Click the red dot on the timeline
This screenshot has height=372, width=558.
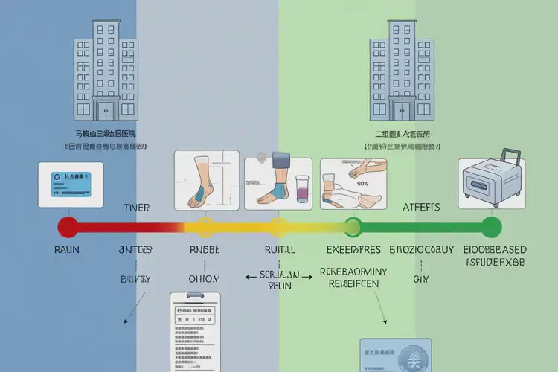[x=68, y=226]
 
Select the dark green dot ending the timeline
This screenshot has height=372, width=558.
[x=492, y=226]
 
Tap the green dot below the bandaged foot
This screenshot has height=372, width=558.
[x=353, y=226]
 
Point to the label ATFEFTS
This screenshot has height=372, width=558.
[x=420, y=208]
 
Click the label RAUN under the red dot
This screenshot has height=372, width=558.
[x=68, y=250]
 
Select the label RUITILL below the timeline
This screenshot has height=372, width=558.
[x=280, y=250]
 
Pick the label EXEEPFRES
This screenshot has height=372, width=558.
[x=354, y=250]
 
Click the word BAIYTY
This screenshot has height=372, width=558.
[x=136, y=279]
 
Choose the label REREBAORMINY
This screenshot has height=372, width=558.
[x=353, y=272]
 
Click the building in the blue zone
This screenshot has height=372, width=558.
[x=106, y=67]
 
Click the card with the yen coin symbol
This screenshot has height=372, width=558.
[x=395, y=356]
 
